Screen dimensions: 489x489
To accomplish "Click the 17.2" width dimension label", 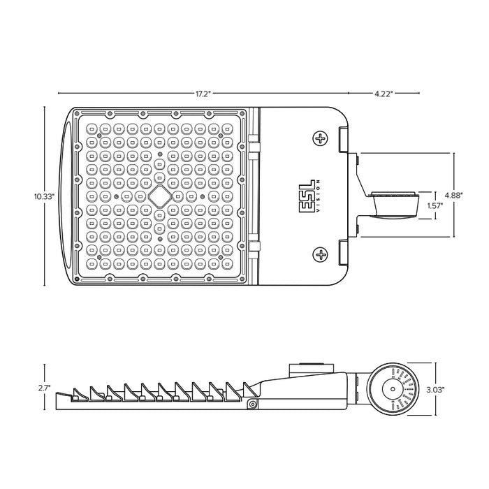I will click(203, 92).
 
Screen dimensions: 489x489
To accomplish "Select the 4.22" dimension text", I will click(384, 92).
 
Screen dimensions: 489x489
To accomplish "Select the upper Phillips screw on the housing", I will click(321, 138).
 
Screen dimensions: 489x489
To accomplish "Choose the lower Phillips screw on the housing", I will click(321, 254).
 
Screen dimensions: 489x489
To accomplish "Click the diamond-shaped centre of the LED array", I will click(160, 196).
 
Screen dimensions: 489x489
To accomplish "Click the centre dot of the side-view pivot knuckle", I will click(393, 388).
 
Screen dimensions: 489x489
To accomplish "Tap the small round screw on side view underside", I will click(251, 404).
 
